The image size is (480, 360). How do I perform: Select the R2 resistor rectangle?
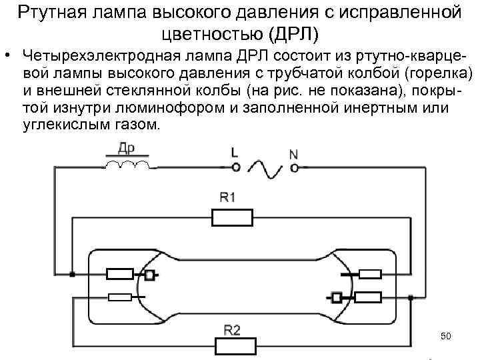[233, 347]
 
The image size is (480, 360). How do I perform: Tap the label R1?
[229, 197]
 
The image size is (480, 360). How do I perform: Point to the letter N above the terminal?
[294, 154]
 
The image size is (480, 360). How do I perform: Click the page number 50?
[446, 335]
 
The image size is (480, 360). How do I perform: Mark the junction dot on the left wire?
[72, 274]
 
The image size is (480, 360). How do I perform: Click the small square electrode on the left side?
[151, 274]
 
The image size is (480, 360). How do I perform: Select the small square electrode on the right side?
[337, 297]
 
